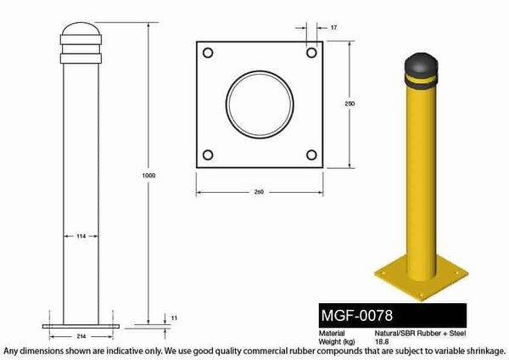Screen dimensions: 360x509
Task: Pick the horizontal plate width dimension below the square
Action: (x=260, y=192)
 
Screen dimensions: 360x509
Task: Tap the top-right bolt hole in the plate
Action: (x=311, y=53)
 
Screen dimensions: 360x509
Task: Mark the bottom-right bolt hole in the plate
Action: (x=311, y=155)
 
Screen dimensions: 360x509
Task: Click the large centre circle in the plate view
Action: (x=260, y=104)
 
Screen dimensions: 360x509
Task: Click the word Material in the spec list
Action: (x=333, y=334)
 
